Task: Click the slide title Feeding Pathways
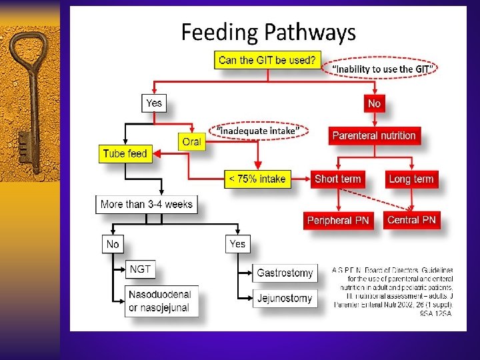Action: click(x=269, y=32)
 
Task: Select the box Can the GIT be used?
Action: click(x=267, y=60)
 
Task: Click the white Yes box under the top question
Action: click(x=154, y=103)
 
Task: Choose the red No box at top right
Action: click(x=374, y=103)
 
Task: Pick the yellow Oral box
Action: click(x=191, y=141)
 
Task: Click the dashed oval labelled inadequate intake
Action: click(x=263, y=131)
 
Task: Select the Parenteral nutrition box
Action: click(x=374, y=135)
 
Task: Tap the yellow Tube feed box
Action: click(x=125, y=154)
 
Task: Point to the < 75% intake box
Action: click(x=257, y=179)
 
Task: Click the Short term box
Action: click(x=337, y=179)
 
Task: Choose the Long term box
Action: click(x=411, y=179)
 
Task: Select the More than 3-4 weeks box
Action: click(x=146, y=205)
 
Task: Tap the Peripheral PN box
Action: click(x=337, y=220)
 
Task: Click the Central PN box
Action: click(x=411, y=219)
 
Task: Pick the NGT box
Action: click(x=141, y=269)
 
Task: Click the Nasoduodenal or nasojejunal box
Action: click(x=159, y=301)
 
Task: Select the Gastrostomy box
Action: click(x=285, y=273)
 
